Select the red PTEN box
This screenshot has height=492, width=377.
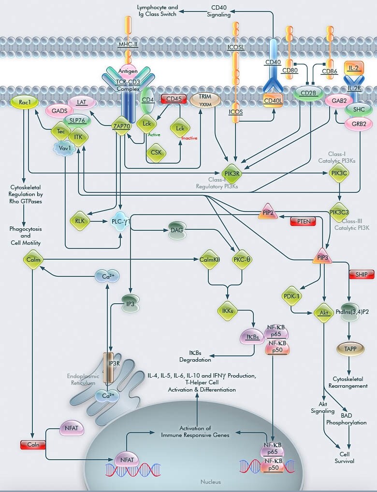coord(303,221)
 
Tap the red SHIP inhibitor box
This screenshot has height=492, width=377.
coord(362,275)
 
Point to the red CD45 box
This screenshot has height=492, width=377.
coord(174,99)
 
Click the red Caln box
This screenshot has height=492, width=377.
coord(33,445)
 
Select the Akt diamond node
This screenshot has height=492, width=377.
coord(324,312)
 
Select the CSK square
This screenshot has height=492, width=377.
coord(156,153)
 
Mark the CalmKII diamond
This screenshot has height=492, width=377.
coord(210,259)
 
